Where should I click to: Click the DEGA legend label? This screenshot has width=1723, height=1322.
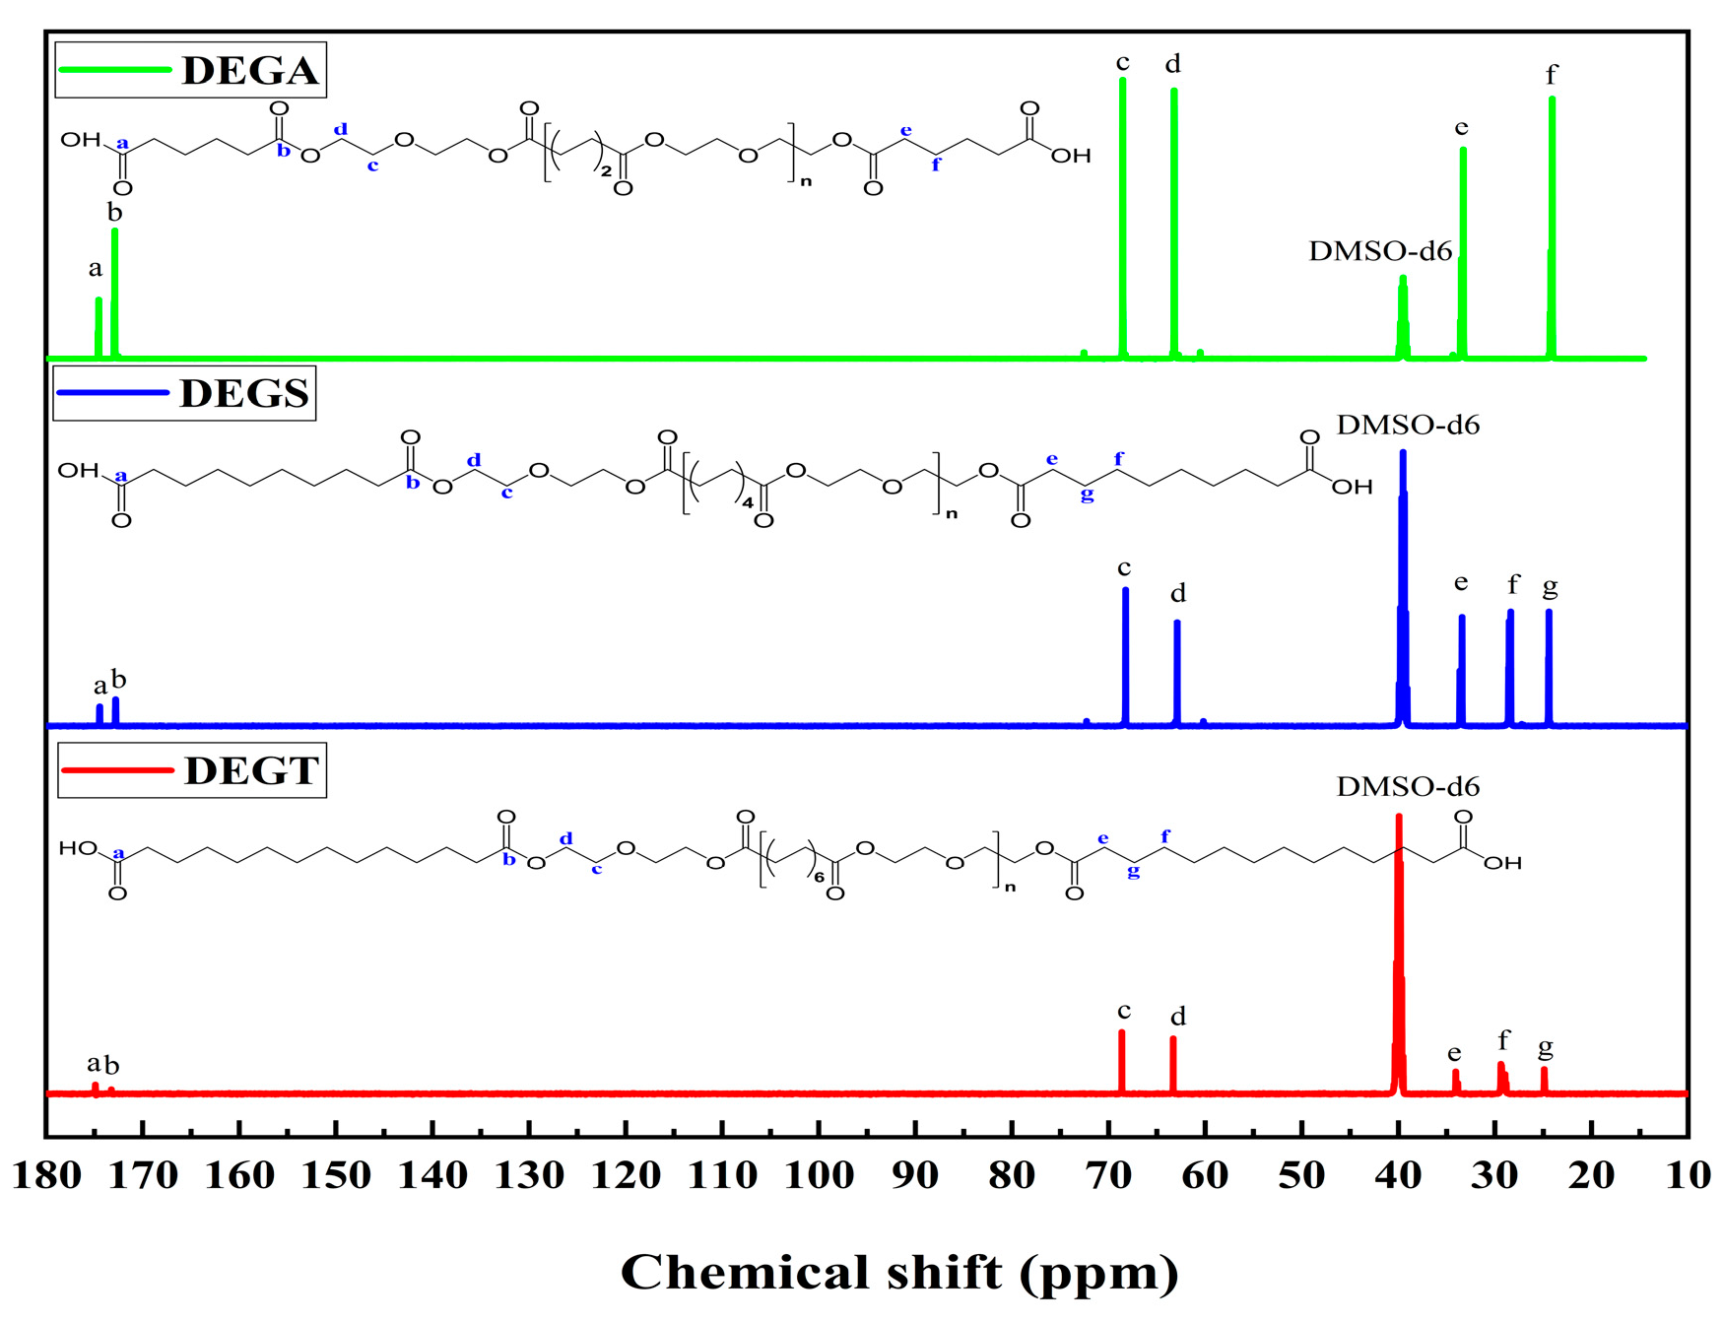[x=250, y=71]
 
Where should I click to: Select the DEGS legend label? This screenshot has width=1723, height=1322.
[x=244, y=394]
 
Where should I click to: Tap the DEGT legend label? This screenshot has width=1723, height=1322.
[x=251, y=770]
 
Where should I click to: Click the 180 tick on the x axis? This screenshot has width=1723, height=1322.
[x=46, y=1175]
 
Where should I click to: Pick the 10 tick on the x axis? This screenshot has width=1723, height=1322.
[x=1689, y=1175]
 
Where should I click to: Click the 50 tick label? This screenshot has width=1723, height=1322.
[x=1301, y=1175]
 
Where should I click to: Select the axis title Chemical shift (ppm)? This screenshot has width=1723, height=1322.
[x=899, y=1273]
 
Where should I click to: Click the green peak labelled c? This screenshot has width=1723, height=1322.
[x=1123, y=217]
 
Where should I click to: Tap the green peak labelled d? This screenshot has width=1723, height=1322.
[x=1173, y=222]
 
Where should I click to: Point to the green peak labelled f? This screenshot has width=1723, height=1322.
[x=1552, y=227]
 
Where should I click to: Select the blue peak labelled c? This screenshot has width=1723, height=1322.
[x=1126, y=655]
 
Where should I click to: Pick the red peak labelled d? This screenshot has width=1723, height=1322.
[x=1173, y=1064]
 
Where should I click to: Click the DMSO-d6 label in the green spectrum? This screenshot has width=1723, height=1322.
[x=1380, y=252]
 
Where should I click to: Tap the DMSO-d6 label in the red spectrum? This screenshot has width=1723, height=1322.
[x=1408, y=787]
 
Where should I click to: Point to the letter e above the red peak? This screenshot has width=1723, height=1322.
[x=1454, y=1054]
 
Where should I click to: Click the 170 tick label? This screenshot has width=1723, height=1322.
[x=143, y=1175]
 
